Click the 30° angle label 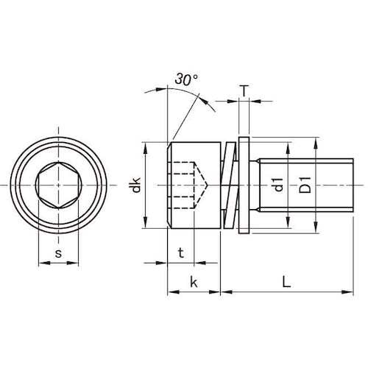(186, 79)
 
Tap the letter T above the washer (244, 91)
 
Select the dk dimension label (135, 185)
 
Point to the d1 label (278, 185)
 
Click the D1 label (305, 185)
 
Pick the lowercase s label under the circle (58, 253)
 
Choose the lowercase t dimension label (181, 252)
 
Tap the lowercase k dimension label (194, 282)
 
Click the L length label (286, 282)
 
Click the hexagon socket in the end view (58, 185)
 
